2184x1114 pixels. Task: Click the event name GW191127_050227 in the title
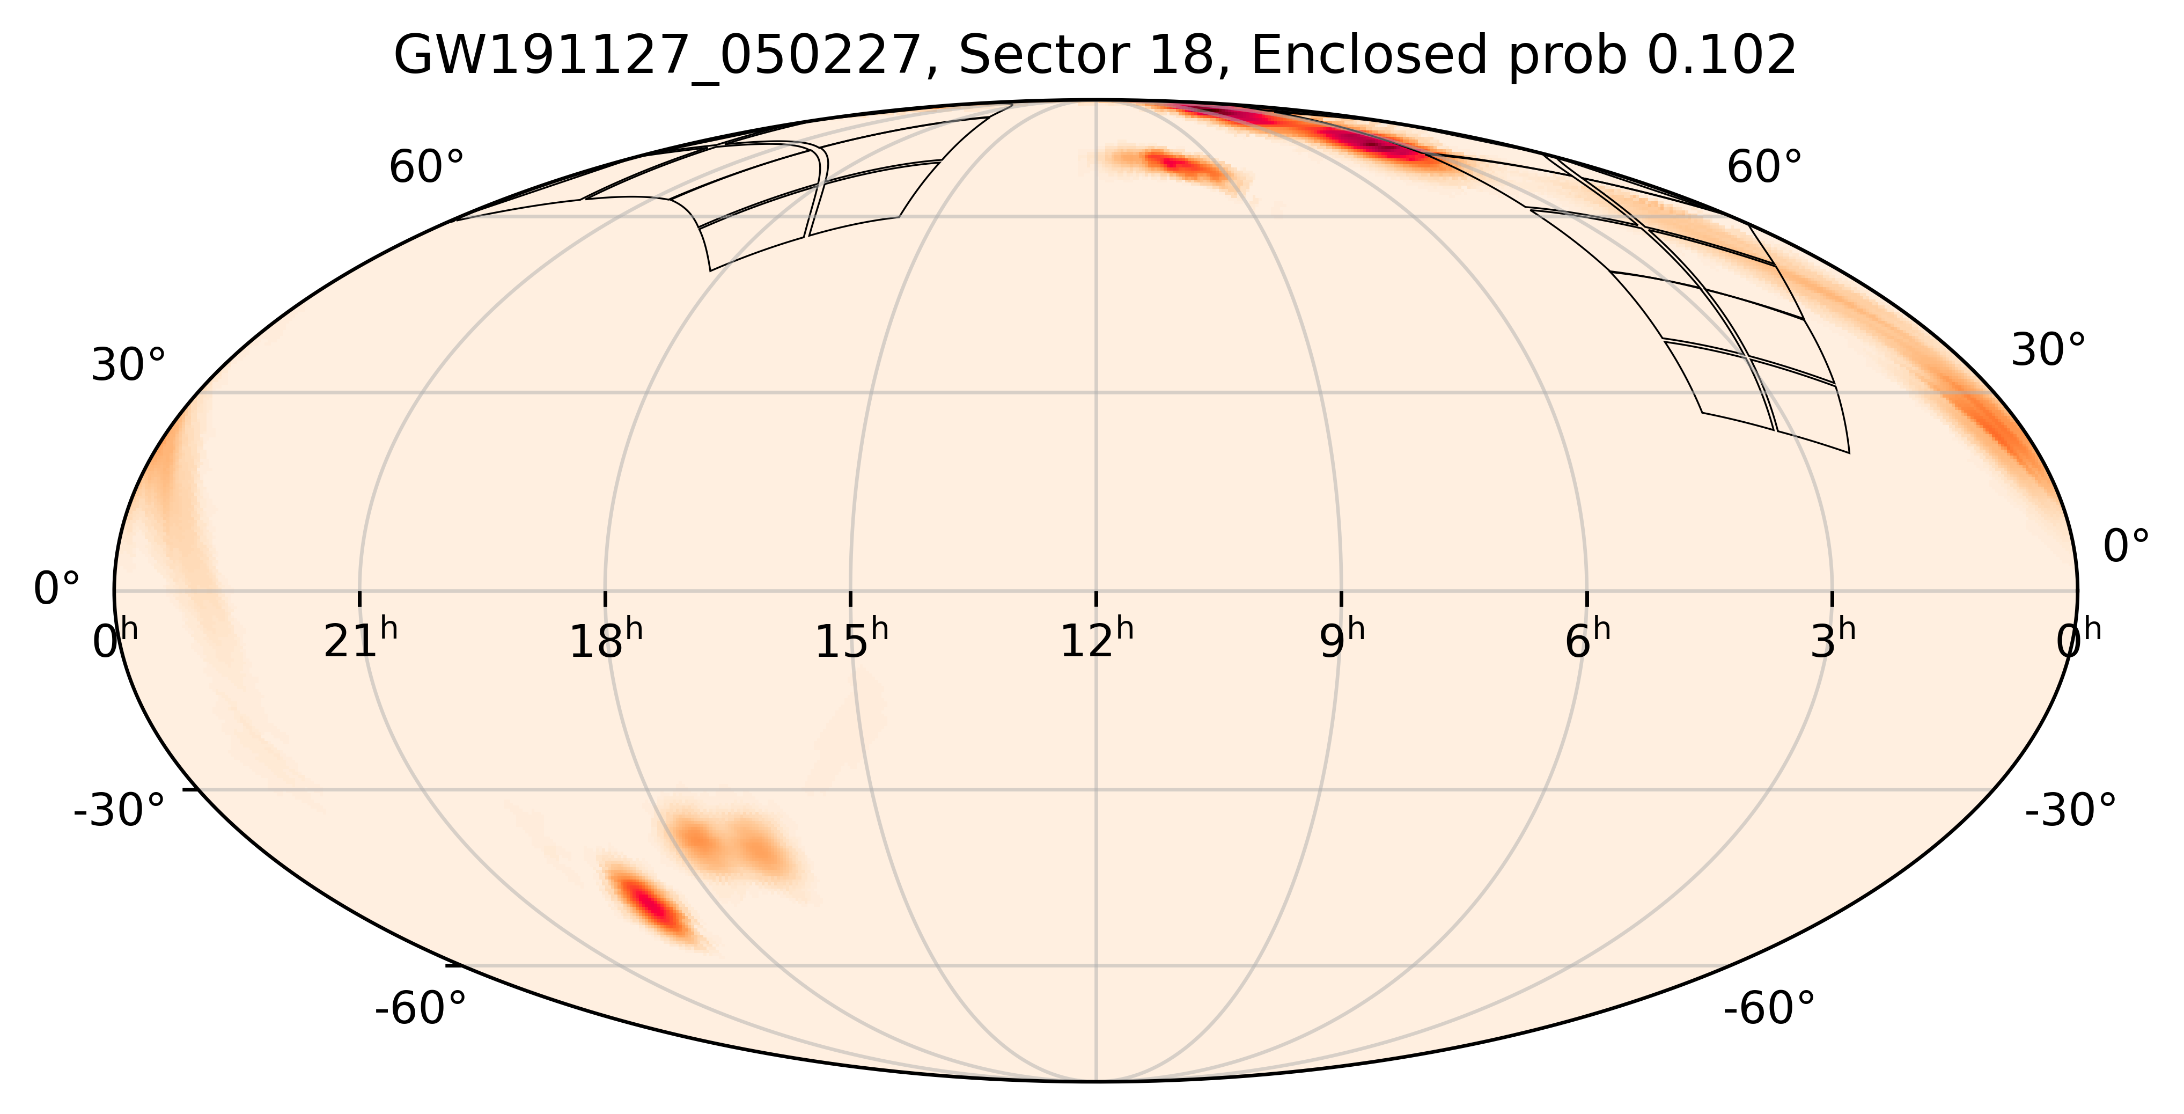[657, 57]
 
